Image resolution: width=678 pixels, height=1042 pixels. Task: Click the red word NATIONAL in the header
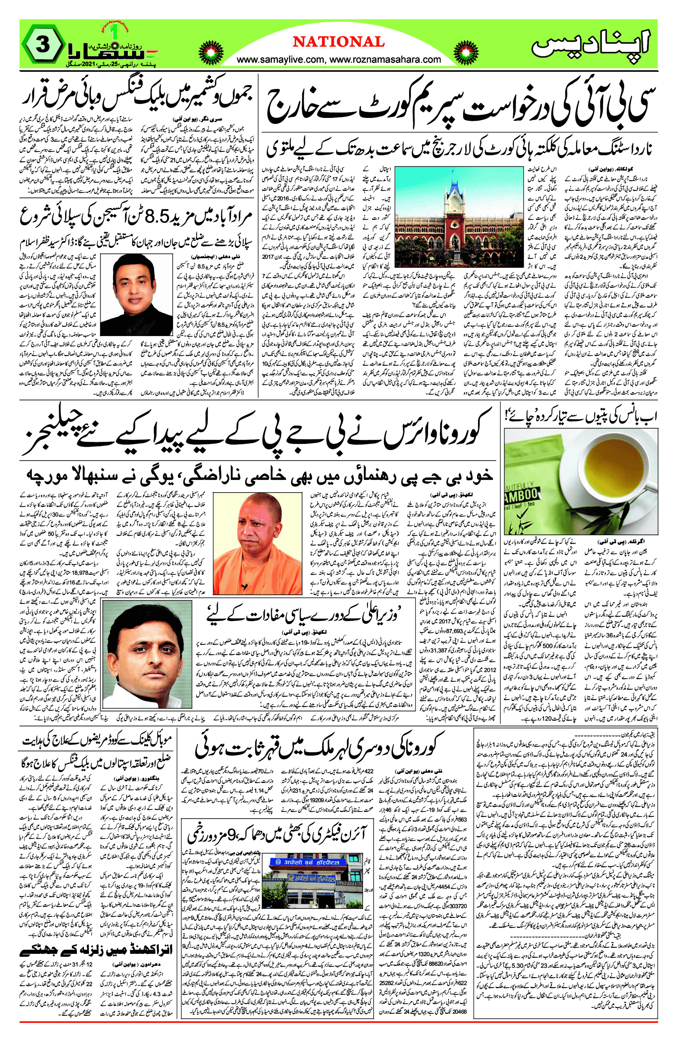[339, 42]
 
